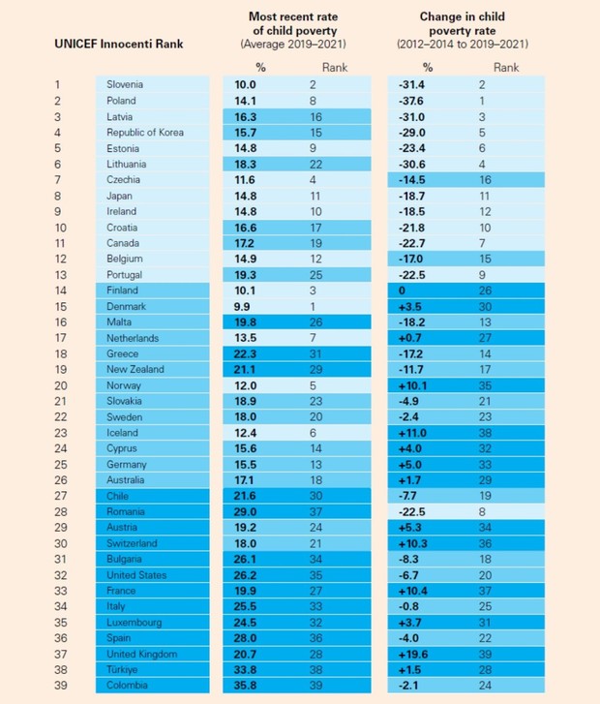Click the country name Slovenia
click(x=125, y=84)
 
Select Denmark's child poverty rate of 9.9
click(x=242, y=307)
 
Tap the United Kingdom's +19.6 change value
click(x=413, y=655)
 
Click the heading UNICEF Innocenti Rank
click(x=119, y=44)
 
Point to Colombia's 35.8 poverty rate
click(x=245, y=686)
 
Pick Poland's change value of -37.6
click(x=411, y=101)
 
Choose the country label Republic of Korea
click(x=145, y=133)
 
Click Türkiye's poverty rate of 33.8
click(x=245, y=670)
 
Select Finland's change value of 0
click(x=402, y=291)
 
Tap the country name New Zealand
click(x=135, y=369)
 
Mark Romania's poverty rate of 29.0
click(x=245, y=512)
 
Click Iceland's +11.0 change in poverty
click(x=412, y=433)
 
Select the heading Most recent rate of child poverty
click(x=293, y=24)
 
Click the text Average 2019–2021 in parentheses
click(x=293, y=44)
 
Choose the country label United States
click(x=136, y=575)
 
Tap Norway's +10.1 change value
click(x=412, y=385)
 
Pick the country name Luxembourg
click(x=135, y=623)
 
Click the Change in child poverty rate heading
click(x=463, y=24)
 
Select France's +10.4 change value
click(x=413, y=591)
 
